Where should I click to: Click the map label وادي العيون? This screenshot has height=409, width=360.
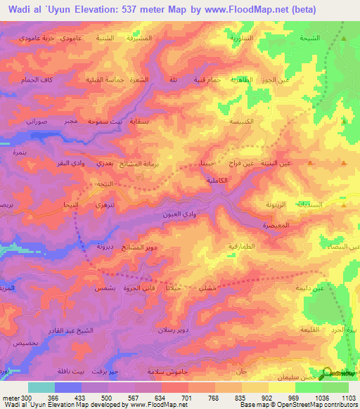188,213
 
